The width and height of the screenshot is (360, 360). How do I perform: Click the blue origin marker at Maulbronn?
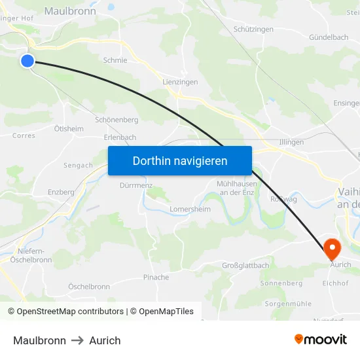pyautogui.click(x=27, y=61)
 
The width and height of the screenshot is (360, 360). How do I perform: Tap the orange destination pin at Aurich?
pyautogui.click(x=333, y=247)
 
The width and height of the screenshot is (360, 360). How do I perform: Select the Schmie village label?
pyautogui.click(x=115, y=60)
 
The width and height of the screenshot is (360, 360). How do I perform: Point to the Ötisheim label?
pyautogui.click(x=69, y=129)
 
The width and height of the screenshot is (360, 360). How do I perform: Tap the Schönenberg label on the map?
pyautogui.click(x=117, y=120)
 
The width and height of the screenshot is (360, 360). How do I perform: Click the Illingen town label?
pyautogui.click(x=291, y=142)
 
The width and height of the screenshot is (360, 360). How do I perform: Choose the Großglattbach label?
pyautogui.click(x=245, y=265)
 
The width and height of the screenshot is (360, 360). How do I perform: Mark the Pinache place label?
pyautogui.click(x=156, y=278)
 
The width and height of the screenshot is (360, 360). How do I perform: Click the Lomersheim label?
pyautogui.click(x=190, y=209)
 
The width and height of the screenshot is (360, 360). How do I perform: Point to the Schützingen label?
pyautogui.click(x=253, y=29)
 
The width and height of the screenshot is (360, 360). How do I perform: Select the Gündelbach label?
pyautogui.click(x=329, y=37)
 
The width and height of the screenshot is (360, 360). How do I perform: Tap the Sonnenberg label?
pyautogui.click(x=281, y=283)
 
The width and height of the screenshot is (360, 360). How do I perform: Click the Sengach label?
pyautogui.click(x=78, y=166)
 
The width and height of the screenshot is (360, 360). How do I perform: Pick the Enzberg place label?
pyautogui.click(x=61, y=192)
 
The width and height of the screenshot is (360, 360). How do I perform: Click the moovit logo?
pyautogui.click(x=321, y=340)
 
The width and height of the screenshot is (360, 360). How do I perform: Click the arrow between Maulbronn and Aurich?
pyautogui.click(x=77, y=340)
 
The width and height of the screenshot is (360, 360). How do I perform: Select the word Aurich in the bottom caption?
pyautogui.click(x=105, y=340)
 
